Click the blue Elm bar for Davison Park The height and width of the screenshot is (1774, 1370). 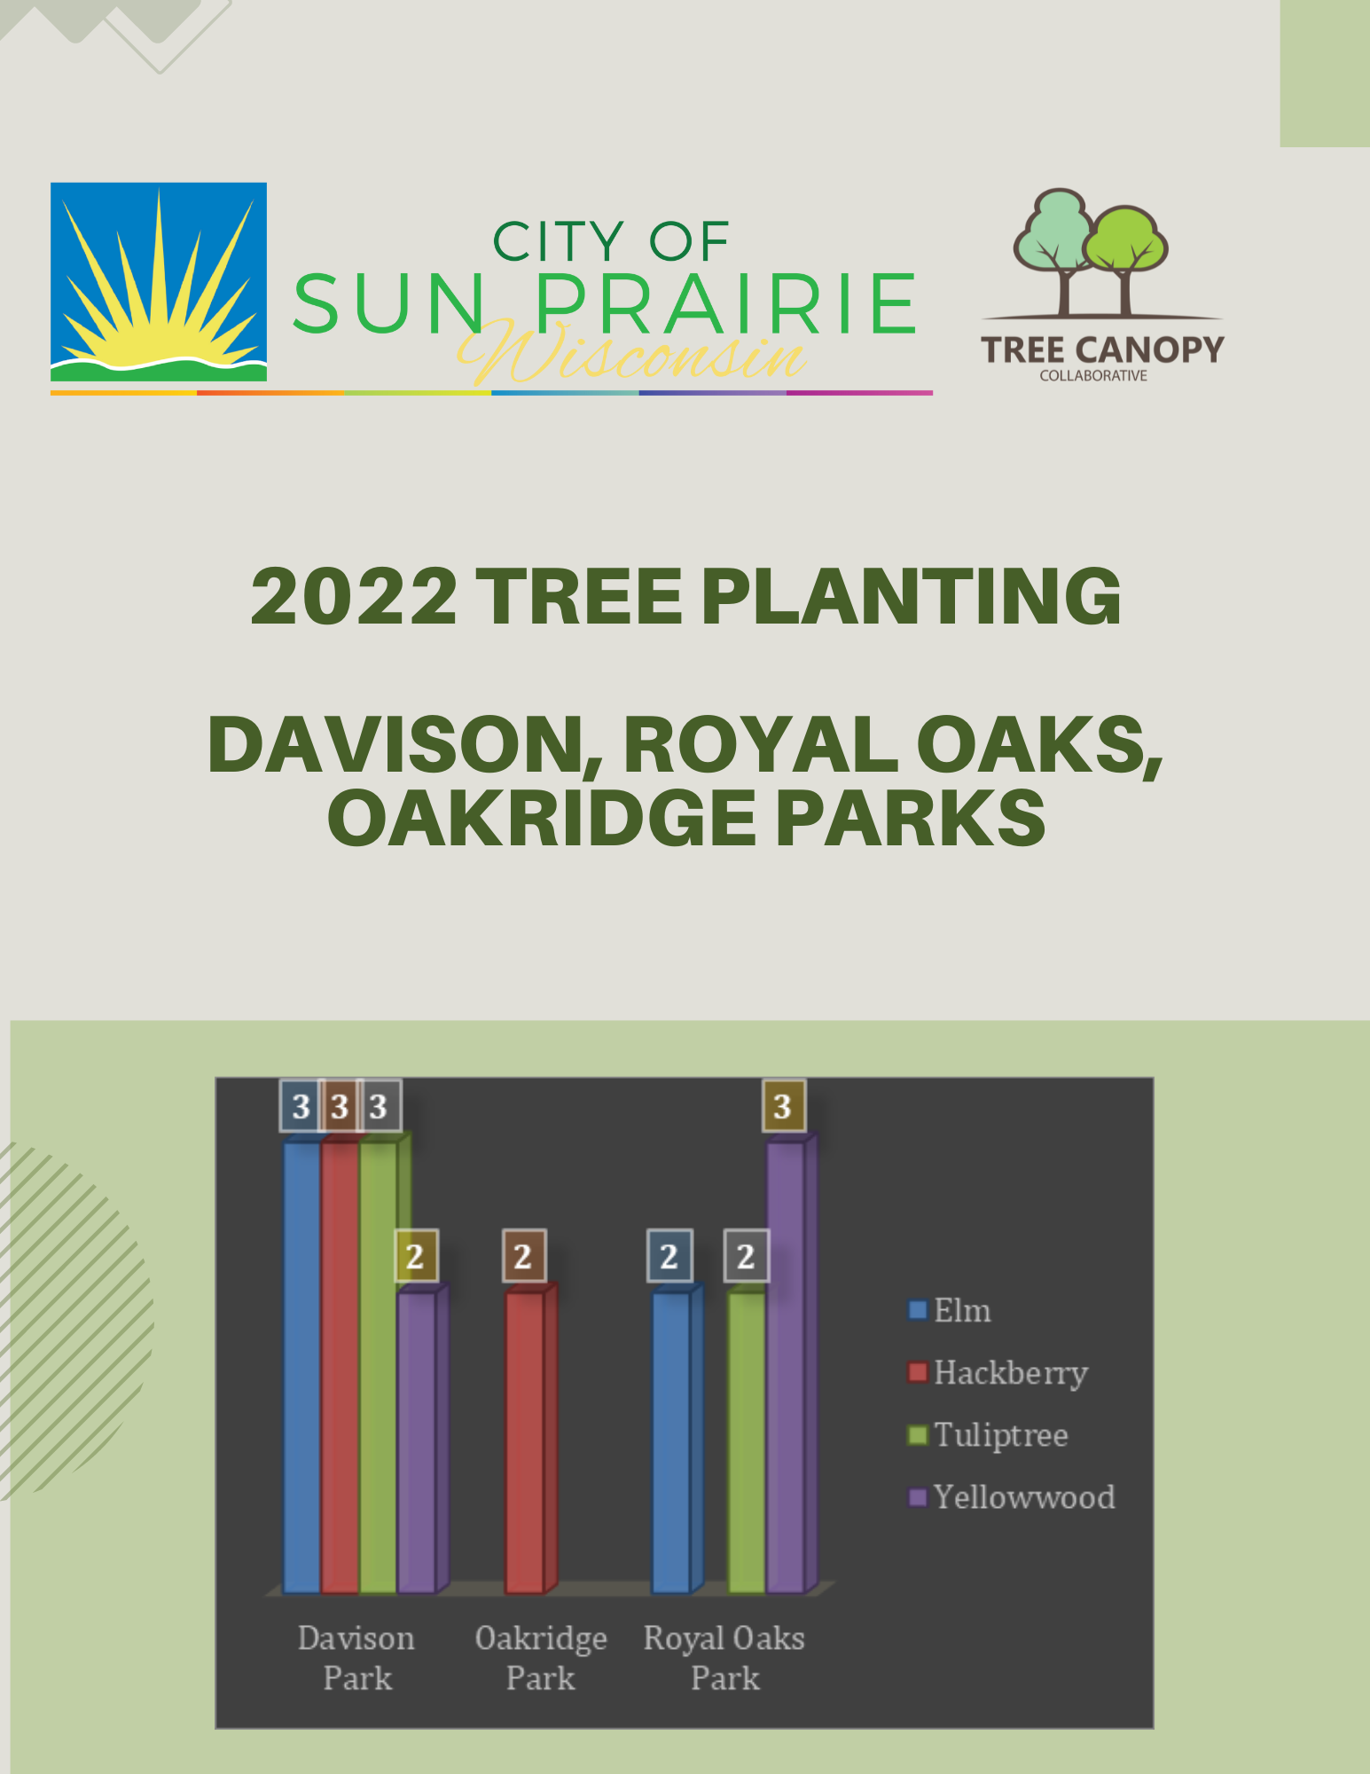(x=301, y=1366)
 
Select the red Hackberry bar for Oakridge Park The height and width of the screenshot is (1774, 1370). (x=524, y=1441)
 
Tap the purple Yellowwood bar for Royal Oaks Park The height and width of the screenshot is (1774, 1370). (x=786, y=1366)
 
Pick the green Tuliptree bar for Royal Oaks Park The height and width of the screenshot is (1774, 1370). (x=747, y=1441)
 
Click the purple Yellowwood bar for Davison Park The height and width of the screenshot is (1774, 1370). (x=417, y=1441)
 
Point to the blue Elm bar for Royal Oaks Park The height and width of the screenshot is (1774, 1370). (x=671, y=1441)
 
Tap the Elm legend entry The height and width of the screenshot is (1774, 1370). (x=951, y=1311)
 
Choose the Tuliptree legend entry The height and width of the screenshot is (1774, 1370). (x=990, y=1435)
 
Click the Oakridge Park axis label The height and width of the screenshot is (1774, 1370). (x=541, y=1658)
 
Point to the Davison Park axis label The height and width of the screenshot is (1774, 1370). (x=356, y=1658)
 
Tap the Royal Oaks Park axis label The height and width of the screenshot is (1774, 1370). (x=724, y=1658)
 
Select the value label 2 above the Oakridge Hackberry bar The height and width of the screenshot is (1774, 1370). (x=523, y=1256)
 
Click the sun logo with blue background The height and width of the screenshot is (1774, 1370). (x=159, y=282)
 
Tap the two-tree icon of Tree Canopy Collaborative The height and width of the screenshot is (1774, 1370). (x=1091, y=253)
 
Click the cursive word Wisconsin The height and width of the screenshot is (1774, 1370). (x=631, y=356)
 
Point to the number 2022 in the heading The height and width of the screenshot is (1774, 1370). (x=354, y=596)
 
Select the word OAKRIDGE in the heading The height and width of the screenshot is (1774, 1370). (x=541, y=819)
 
